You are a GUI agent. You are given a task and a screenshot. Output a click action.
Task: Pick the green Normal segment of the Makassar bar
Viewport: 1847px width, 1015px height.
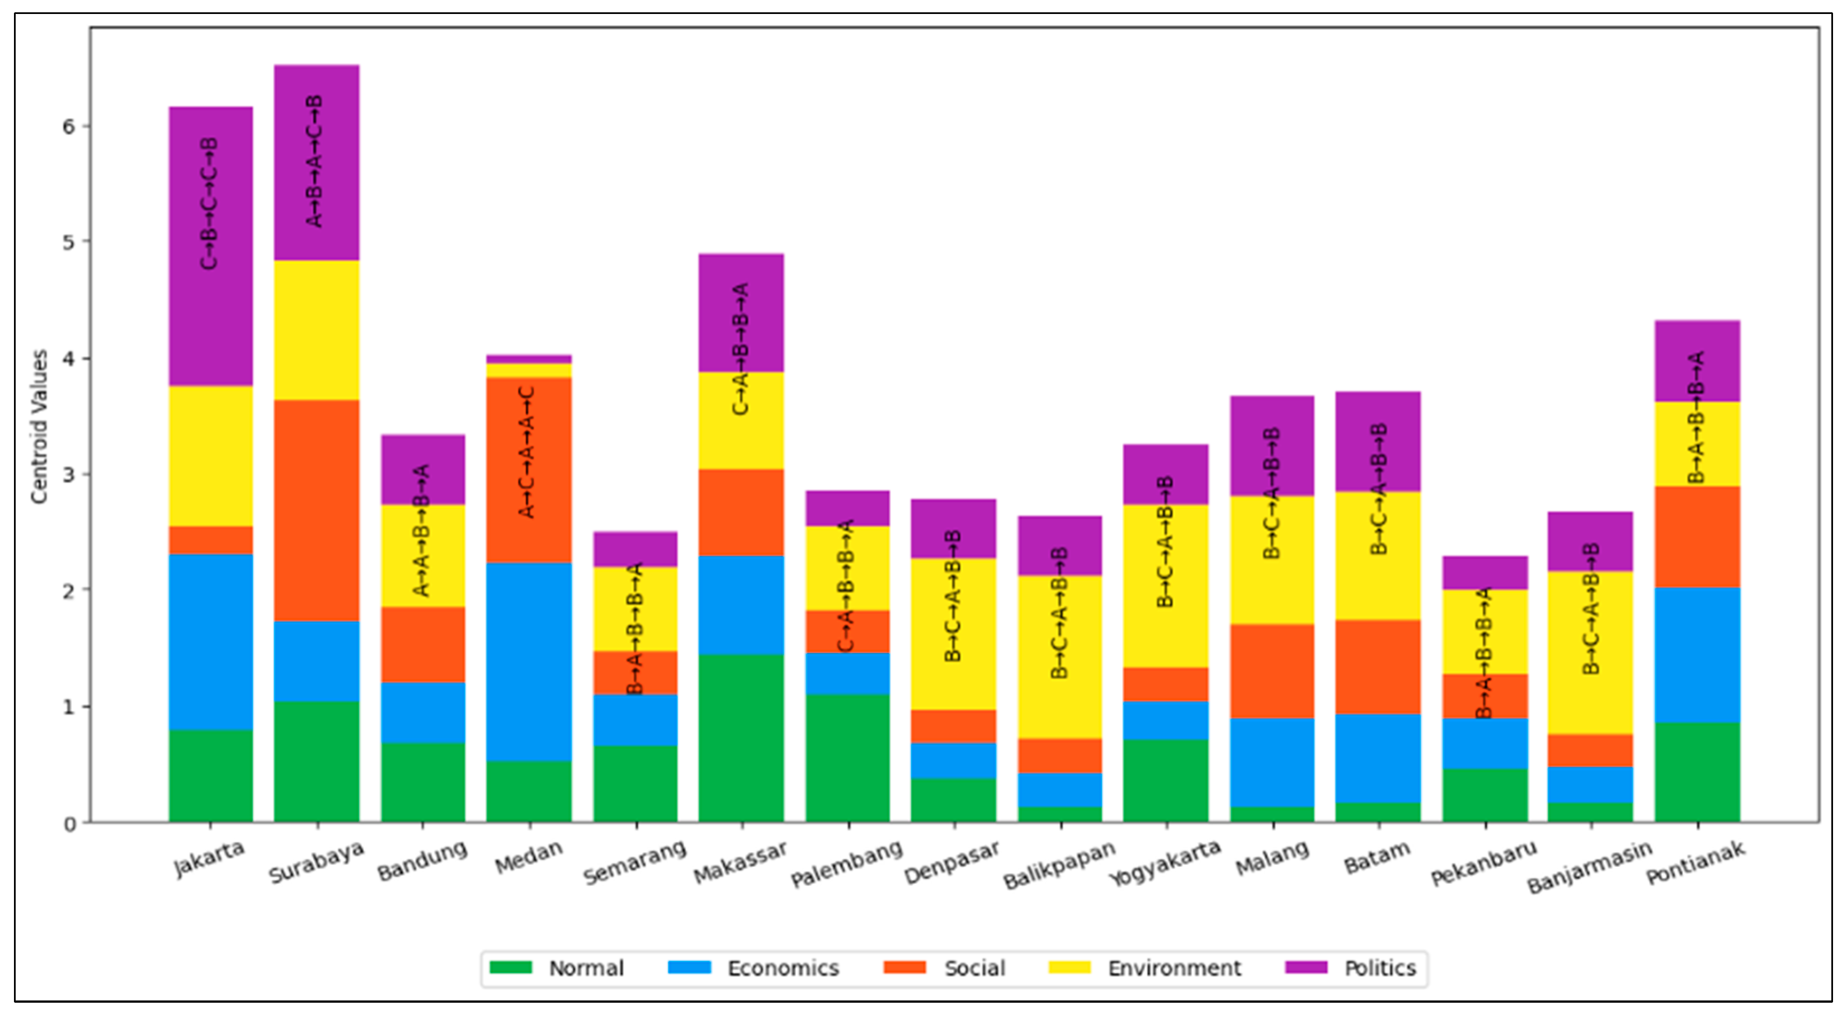click(x=741, y=738)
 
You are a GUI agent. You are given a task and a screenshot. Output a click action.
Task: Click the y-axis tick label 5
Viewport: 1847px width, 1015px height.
click(x=68, y=242)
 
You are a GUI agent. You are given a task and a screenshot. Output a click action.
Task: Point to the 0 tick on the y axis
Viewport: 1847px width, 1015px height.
click(x=69, y=824)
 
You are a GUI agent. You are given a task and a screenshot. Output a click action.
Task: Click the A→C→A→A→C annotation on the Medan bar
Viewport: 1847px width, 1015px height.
click(x=527, y=452)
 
